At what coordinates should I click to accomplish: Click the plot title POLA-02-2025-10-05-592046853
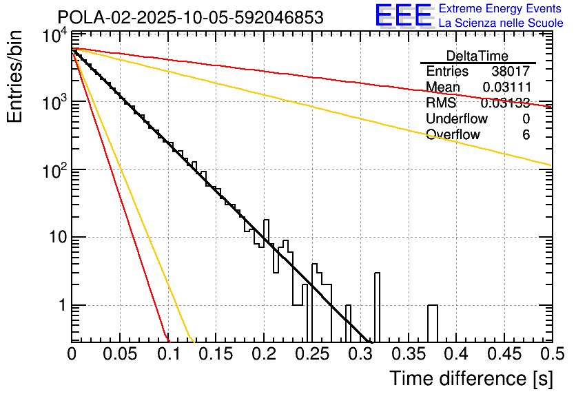pyautogui.click(x=190, y=18)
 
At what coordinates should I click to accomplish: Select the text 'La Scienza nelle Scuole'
pyautogui.click(x=501, y=23)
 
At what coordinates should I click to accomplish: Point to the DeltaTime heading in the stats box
pyautogui.click(x=477, y=56)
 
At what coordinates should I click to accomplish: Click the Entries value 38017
pyautogui.click(x=511, y=72)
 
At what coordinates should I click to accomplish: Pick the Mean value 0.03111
pyautogui.click(x=506, y=87)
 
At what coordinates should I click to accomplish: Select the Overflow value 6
pyautogui.click(x=526, y=135)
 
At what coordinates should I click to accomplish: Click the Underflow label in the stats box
pyautogui.click(x=457, y=119)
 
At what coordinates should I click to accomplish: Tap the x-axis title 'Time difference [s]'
pyautogui.click(x=471, y=378)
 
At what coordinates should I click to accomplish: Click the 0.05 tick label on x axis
pyautogui.click(x=121, y=354)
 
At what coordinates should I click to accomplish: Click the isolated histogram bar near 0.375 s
pyautogui.click(x=432, y=322)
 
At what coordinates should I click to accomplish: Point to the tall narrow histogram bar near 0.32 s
pyautogui.click(x=377, y=307)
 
